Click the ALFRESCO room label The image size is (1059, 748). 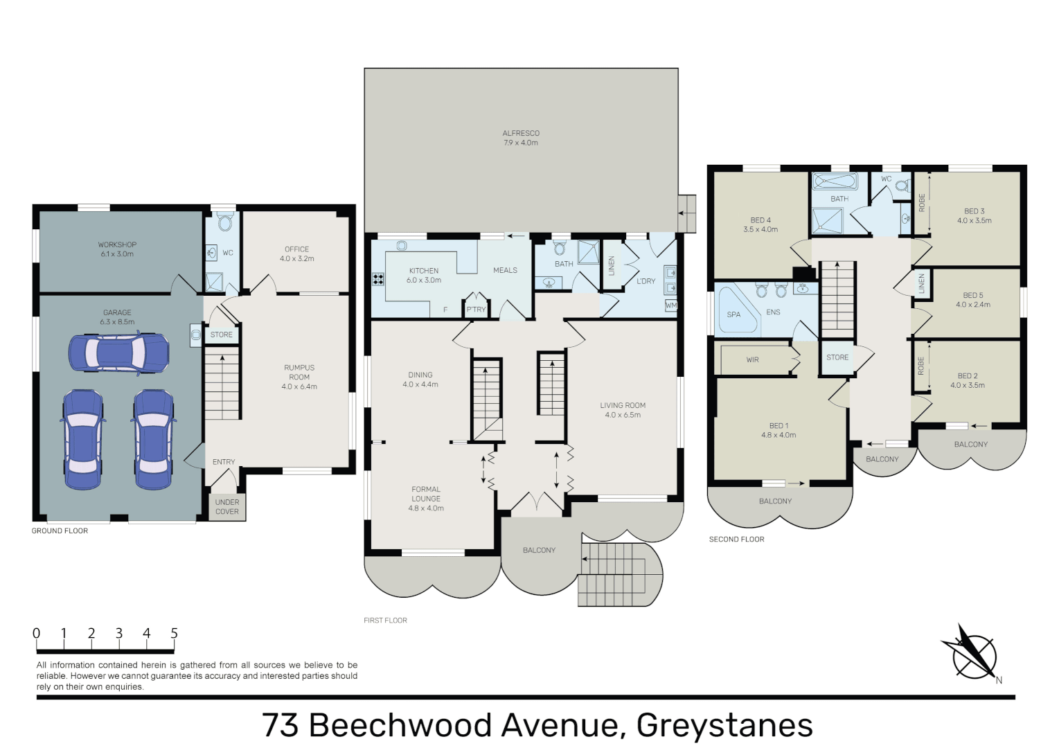point(521,134)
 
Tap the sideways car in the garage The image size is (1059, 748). point(118,354)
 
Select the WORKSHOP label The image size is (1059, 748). point(117,244)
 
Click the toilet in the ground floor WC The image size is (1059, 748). point(226,223)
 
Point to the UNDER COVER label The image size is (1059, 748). point(227,507)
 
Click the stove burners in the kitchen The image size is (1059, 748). point(378,279)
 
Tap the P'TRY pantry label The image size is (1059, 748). point(476,309)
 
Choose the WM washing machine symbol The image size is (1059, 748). point(671,305)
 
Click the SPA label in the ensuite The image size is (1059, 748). point(733,314)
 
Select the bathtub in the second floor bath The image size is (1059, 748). point(835,181)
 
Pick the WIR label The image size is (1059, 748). point(753,360)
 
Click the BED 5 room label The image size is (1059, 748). point(973,296)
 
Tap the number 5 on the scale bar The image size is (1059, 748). point(174,633)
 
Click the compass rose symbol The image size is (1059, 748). point(974,657)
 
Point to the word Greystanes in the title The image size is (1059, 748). point(724,725)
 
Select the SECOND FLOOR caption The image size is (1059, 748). point(736,539)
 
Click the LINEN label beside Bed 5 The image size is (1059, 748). point(921,284)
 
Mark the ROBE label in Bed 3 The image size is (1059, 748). point(921,203)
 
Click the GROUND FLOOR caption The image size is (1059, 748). point(60,531)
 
